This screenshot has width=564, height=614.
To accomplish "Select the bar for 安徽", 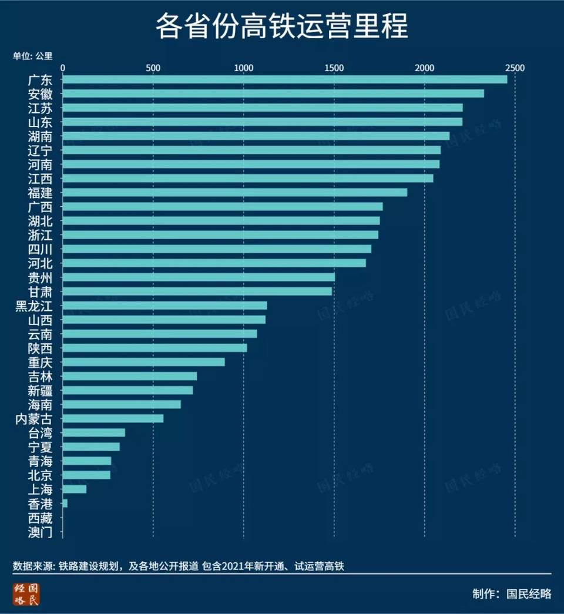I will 273,93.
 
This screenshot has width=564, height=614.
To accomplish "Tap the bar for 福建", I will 234,192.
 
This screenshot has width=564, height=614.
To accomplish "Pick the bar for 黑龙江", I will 164,306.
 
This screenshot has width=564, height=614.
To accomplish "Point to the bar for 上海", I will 74,489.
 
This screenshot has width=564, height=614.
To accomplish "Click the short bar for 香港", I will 65,503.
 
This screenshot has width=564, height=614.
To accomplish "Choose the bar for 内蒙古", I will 113,418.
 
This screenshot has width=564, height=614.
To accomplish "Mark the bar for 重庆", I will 143,362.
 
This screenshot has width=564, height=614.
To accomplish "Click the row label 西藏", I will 40,518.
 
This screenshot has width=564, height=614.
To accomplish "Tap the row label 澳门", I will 40,532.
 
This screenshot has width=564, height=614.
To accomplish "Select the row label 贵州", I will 40,277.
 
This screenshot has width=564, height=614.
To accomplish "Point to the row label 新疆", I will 40,390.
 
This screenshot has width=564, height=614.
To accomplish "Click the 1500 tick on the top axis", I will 334,68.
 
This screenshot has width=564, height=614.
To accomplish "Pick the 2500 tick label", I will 515,68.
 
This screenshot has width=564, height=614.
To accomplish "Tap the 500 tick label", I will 153,68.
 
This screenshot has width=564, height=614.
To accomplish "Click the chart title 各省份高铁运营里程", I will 281,27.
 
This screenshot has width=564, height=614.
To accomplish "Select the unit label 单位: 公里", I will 33,56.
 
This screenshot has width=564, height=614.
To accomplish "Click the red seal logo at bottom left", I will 27,594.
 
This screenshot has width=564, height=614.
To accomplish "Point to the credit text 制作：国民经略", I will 512,593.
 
